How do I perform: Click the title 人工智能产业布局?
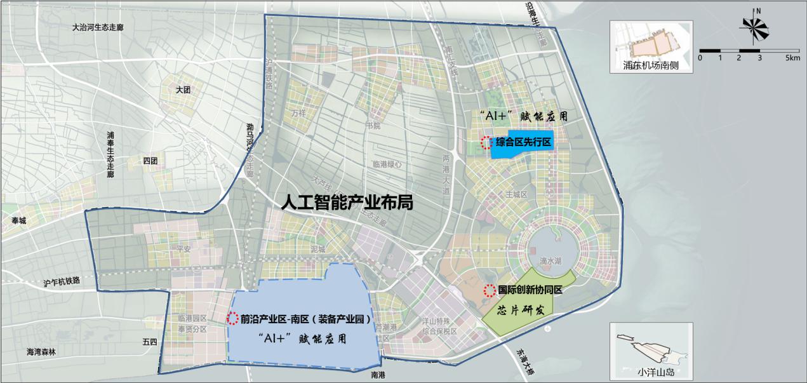349,203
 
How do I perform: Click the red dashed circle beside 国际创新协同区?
490,292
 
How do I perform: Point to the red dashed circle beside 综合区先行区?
486,142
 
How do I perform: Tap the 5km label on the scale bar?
792,58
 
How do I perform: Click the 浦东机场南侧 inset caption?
651,65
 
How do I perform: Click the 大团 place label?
183,90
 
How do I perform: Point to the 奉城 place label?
20,220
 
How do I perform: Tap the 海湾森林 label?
41,351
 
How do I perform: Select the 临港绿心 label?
387,164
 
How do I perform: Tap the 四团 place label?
150,161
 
